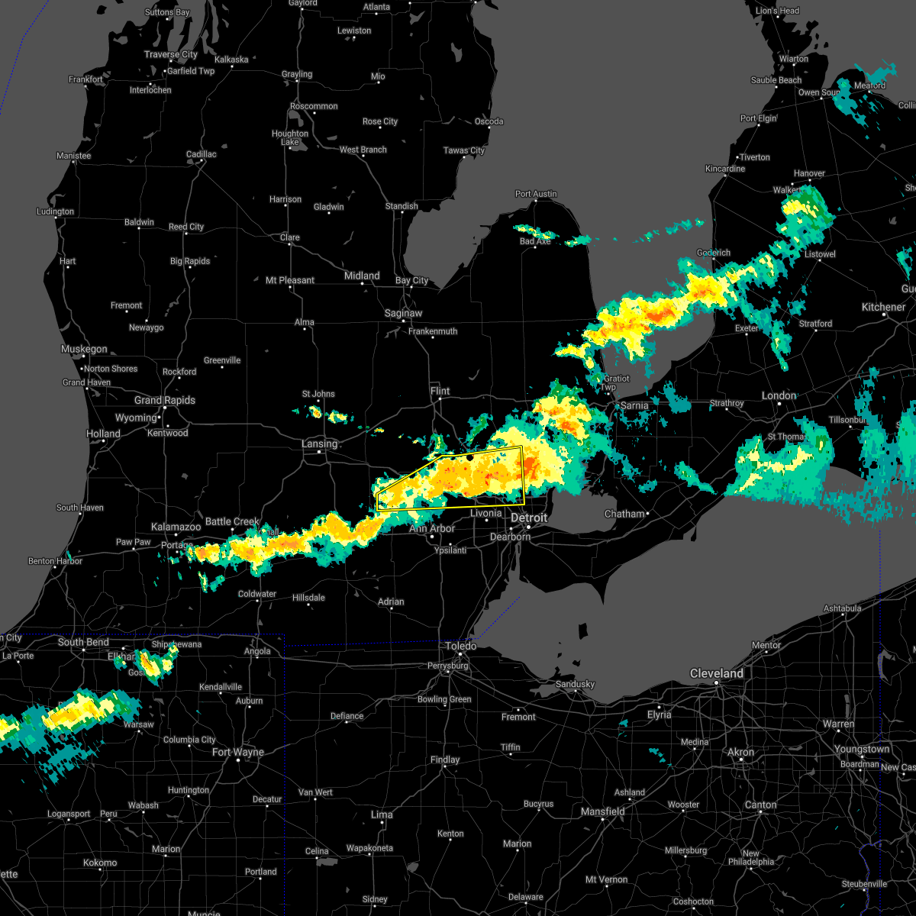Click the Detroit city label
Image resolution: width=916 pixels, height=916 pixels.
pyautogui.click(x=529, y=518)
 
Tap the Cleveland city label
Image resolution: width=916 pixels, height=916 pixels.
pyautogui.click(x=716, y=673)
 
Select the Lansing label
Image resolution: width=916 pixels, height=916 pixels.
pyautogui.click(x=319, y=443)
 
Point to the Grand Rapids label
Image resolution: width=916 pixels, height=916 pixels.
pyautogui.click(x=164, y=400)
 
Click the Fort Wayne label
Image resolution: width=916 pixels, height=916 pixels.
pyautogui.click(x=237, y=752)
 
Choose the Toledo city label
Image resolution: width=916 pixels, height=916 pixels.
pyautogui.click(x=461, y=646)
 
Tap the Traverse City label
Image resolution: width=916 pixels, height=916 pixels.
pyautogui.click(x=170, y=54)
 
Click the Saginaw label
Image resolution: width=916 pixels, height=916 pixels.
pyautogui.click(x=403, y=313)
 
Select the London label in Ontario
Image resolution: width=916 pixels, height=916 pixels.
pyautogui.click(x=779, y=395)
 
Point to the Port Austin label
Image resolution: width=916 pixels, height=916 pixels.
pyautogui.click(x=536, y=194)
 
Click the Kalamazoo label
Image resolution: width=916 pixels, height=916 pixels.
pyautogui.click(x=176, y=527)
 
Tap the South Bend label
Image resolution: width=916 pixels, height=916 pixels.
pyautogui.click(x=83, y=642)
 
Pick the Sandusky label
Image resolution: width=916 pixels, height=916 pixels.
pyautogui.click(x=575, y=684)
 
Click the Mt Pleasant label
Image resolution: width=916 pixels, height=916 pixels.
pyautogui.click(x=289, y=280)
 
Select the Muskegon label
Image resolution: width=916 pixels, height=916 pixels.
pyautogui.click(x=84, y=349)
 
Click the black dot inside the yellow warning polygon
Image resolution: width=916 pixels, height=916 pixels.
pyautogui.click(x=470, y=457)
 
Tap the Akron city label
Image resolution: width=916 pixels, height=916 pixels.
pyautogui.click(x=740, y=752)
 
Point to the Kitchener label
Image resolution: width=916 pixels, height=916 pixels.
pyautogui.click(x=883, y=307)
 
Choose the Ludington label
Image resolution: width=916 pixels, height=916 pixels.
pyautogui.click(x=55, y=211)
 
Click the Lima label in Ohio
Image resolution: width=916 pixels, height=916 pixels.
pyautogui.click(x=382, y=814)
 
